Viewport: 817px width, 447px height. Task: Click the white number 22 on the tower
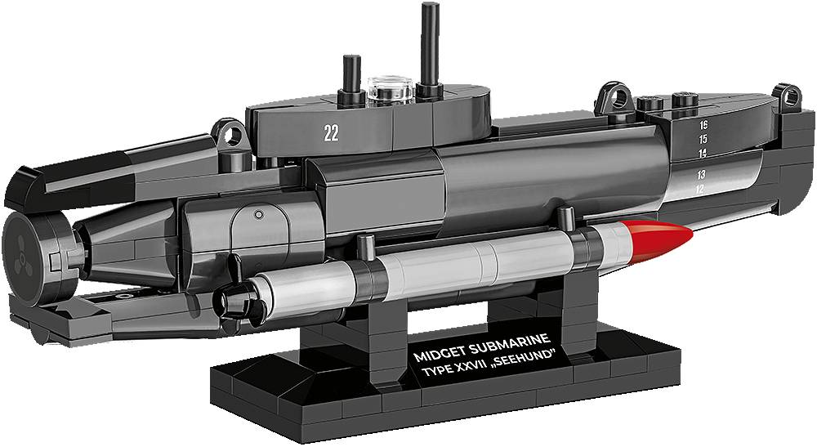[331, 133]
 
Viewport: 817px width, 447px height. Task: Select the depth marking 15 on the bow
[703, 139]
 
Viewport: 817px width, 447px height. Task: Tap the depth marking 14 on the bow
[703, 153]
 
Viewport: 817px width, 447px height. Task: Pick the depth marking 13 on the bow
[701, 174]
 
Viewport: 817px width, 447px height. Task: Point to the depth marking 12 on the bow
[700, 189]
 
